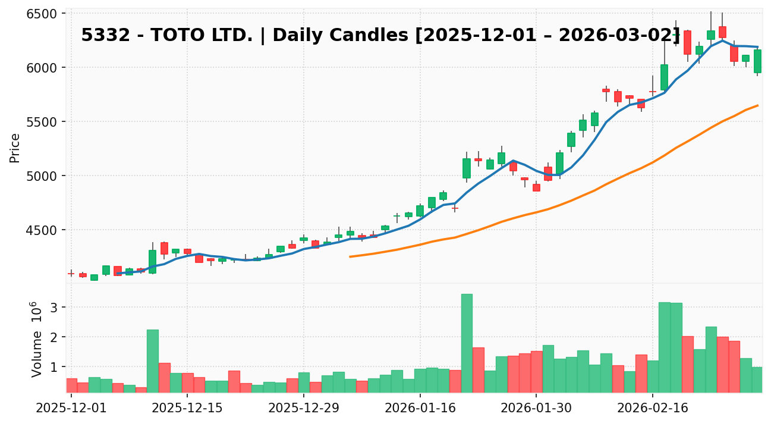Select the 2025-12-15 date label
click(x=187, y=409)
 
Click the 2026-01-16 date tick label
click(x=420, y=409)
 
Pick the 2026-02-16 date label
click(x=652, y=409)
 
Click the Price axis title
click(x=15, y=148)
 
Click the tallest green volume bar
click(x=467, y=343)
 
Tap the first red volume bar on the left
click(x=71, y=386)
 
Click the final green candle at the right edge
click(x=757, y=61)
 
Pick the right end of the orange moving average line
click(x=757, y=105)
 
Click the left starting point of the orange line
click(x=350, y=256)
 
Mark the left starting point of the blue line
click(x=118, y=274)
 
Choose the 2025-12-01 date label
click(x=71, y=409)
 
